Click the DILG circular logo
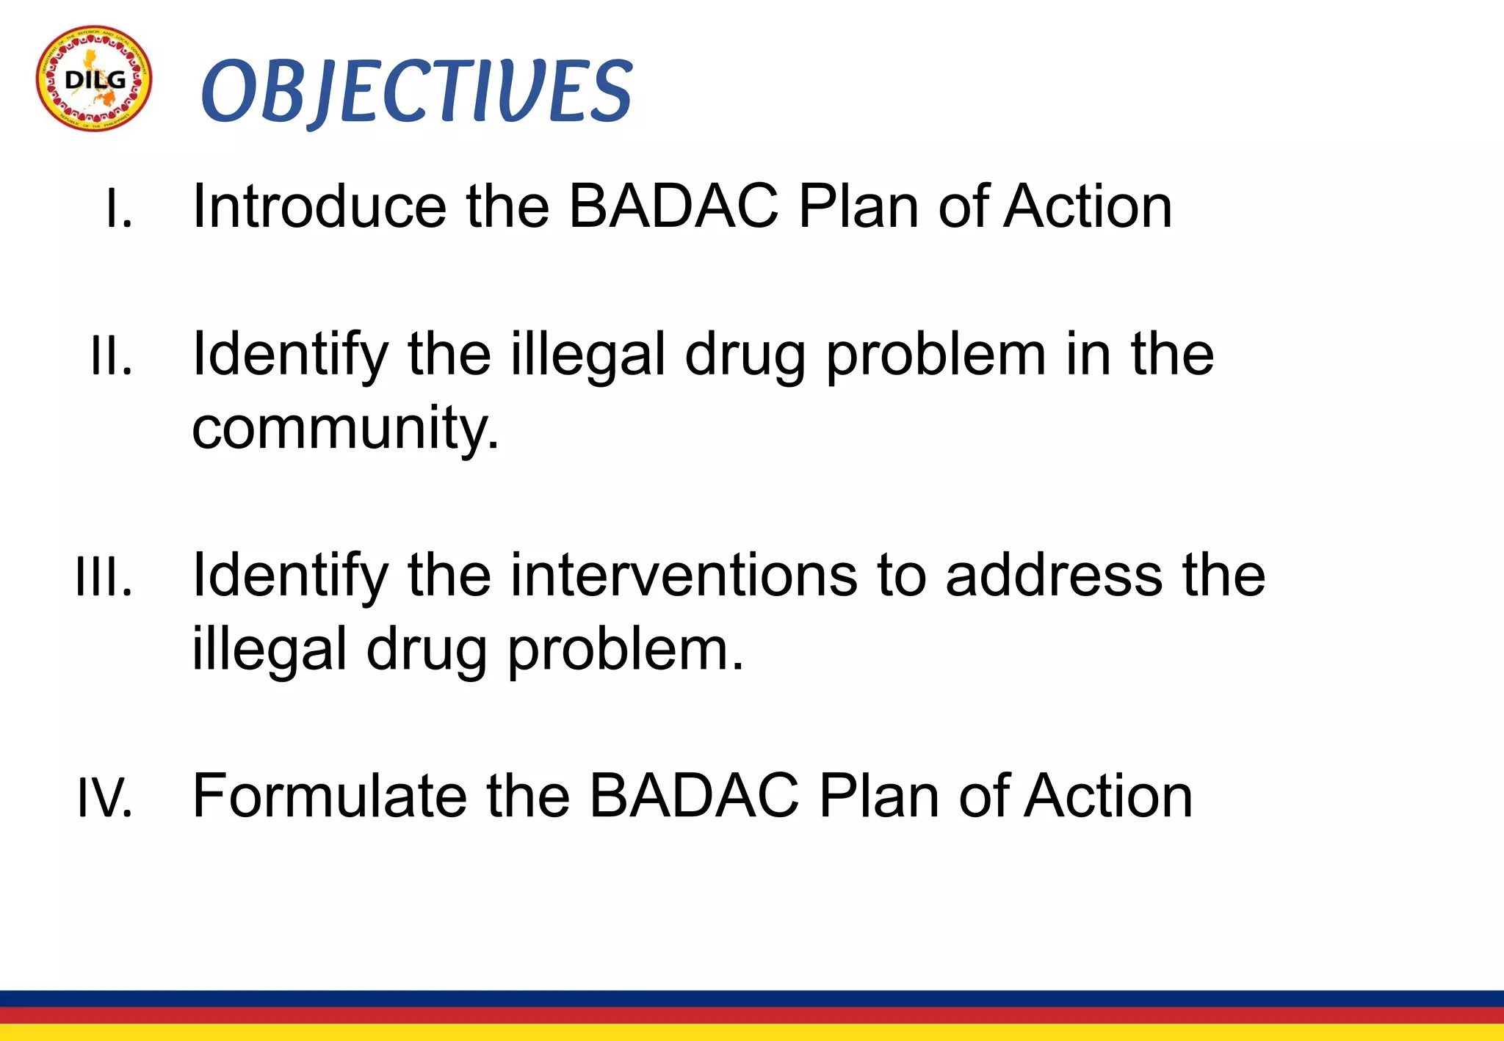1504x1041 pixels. pyautogui.click(x=94, y=79)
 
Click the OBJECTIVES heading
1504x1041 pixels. pyautogui.click(x=416, y=91)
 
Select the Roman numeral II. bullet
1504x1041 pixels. pyautogui.click(x=112, y=356)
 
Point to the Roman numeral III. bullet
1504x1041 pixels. pyautogui.click(x=104, y=577)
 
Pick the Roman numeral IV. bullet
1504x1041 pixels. pyautogui.click(x=105, y=798)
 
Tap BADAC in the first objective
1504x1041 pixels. pyautogui.click(x=673, y=206)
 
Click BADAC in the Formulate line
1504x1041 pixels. pyautogui.click(x=694, y=796)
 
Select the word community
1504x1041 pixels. pyautogui.click(x=345, y=429)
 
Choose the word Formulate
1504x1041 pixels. pyautogui.click(x=330, y=796)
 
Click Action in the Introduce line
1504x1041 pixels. pyautogui.click(x=1088, y=206)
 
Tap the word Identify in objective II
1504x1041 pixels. pyautogui.click(x=289, y=356)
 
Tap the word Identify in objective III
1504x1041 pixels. pyautogui.click(x=289, y=577)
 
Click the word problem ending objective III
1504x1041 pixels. pyautogui.click(x=625, y=650)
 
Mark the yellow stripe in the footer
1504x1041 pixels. pyautogui.click(x=752, y=1033)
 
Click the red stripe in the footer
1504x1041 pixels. pyautogui.click(x=752, y=1015)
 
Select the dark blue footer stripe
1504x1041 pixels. pyautogui.click(x=752, y=998)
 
